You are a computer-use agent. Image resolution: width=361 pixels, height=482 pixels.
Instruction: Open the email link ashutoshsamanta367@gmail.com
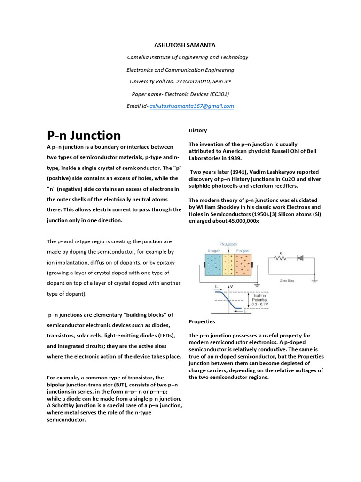(191, 106)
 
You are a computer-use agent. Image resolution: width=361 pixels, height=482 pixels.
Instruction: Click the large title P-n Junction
(84, 136)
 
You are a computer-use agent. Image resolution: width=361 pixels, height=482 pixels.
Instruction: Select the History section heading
(197, 130)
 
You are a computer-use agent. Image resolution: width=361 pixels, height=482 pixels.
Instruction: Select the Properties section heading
(202, 321)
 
